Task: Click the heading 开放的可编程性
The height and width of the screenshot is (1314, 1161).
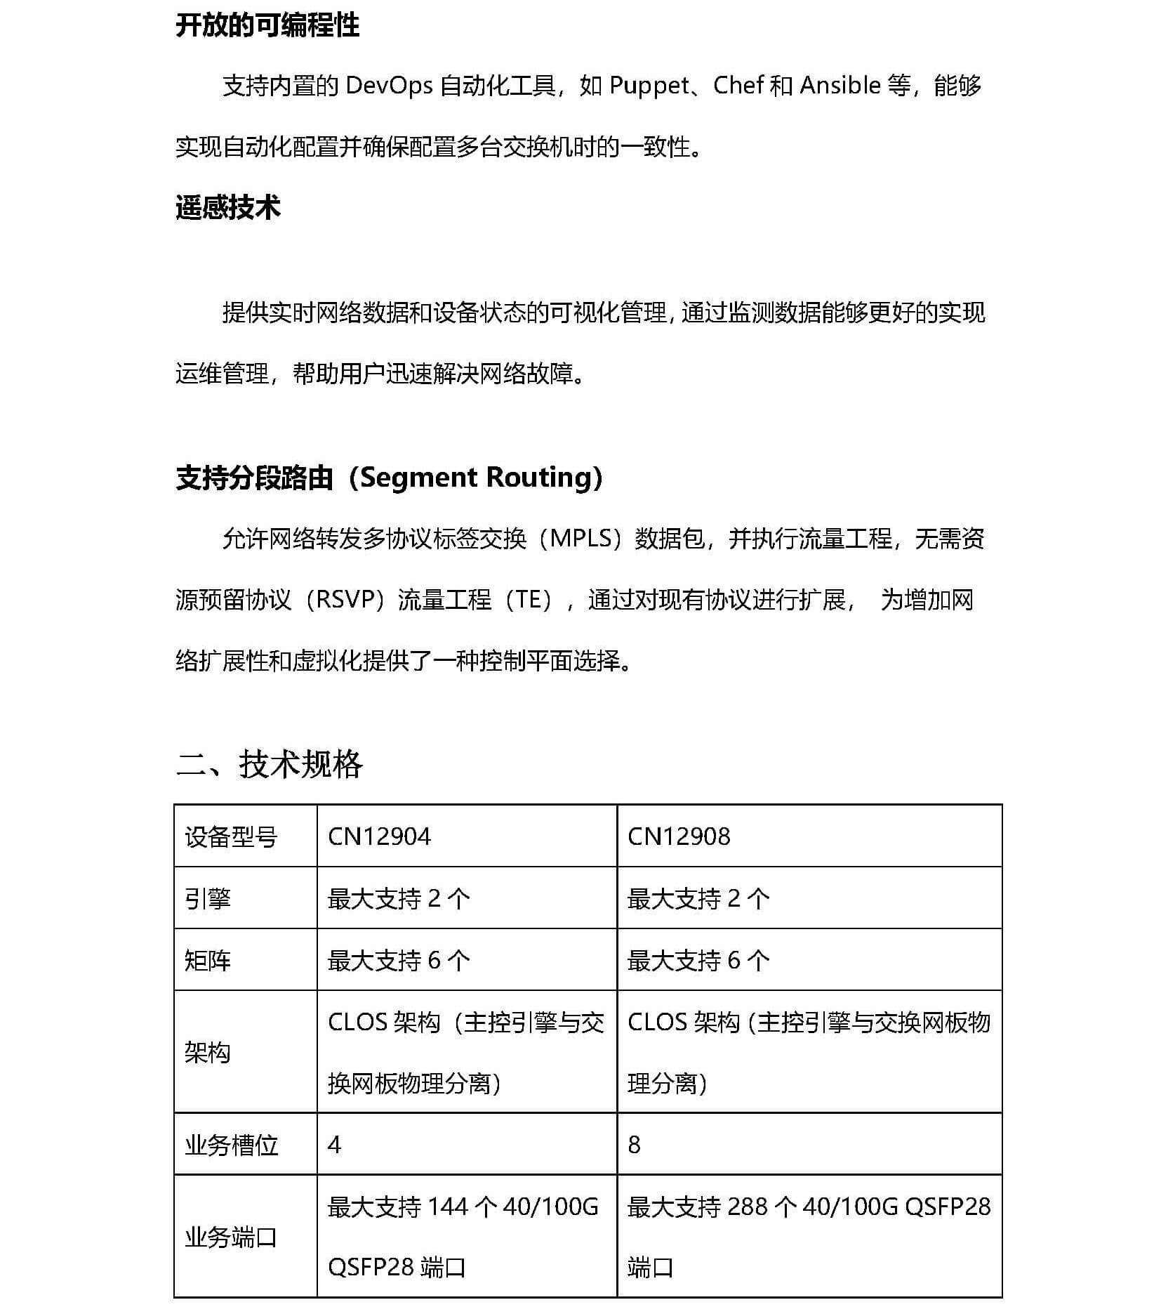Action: point(267,26)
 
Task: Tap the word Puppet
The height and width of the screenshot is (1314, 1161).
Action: point(649,86)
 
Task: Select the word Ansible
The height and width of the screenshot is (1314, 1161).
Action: point(840,86)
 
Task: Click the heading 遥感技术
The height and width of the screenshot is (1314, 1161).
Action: point(227,208)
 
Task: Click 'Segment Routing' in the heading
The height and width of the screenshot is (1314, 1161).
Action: point(477,478)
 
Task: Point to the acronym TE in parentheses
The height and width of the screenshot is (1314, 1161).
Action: point(530,600)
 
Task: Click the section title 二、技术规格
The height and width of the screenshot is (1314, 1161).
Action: point(269,763)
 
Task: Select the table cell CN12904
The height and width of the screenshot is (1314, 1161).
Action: point(379,836)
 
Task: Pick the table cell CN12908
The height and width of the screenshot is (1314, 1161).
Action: point(679,836)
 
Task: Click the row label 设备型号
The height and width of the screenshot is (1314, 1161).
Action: point(231,837)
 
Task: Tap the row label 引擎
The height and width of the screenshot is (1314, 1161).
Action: point(208,898)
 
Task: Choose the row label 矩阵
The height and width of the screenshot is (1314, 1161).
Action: point(208,960)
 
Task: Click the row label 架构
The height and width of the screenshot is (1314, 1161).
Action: point(208,1052)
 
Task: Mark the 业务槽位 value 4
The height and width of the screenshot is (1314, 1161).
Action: point(335,1145)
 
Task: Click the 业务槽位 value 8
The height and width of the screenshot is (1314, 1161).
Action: point(634,1145)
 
